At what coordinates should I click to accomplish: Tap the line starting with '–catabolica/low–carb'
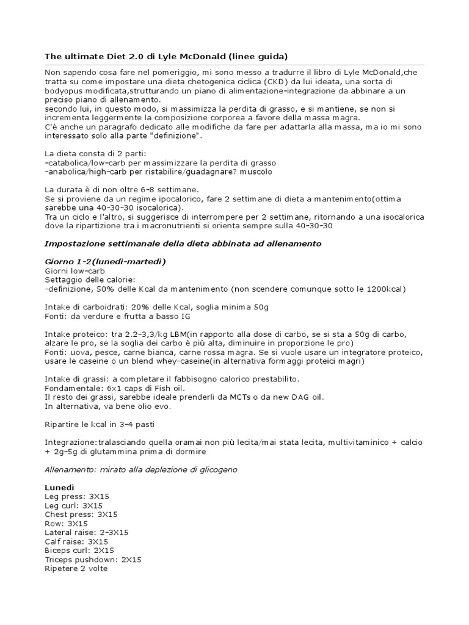[x=160, y=163]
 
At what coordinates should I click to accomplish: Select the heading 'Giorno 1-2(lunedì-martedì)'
[x=106, y=262]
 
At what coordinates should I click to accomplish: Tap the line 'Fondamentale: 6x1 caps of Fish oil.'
[x=120, y=388]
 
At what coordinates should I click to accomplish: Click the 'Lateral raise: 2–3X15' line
[x=87, y=532]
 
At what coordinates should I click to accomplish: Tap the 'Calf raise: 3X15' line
[x=76, y=541]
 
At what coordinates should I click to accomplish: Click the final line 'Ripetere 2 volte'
[x=76, y=568]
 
